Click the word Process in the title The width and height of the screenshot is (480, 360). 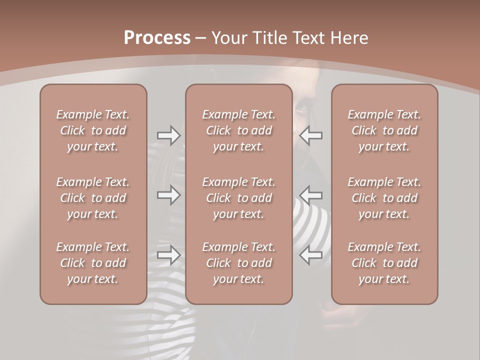pos(157,37)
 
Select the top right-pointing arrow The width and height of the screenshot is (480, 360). pos(168,135)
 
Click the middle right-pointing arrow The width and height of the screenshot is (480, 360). pos(168,195)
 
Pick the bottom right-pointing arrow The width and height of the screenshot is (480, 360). pos(168,255)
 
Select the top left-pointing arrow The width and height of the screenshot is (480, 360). pos(311,135)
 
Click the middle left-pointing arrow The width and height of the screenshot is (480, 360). pos(311,195)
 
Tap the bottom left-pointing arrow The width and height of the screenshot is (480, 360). pos(311,255)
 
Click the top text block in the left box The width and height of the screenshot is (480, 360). pos(93,130)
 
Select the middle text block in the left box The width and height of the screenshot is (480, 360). pos(93,198)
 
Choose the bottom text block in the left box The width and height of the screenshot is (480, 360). pos(93,263)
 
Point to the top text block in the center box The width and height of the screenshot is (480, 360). pos(238,130)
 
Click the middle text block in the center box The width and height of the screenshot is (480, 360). pos(238,198)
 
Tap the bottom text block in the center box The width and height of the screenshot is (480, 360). pos(238,263)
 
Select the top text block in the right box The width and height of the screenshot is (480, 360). pos(384,130)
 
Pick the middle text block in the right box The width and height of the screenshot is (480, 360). pos(384,198)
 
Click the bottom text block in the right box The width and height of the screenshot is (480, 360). pos(384,263)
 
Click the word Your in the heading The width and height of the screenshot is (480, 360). pos(228,37)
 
